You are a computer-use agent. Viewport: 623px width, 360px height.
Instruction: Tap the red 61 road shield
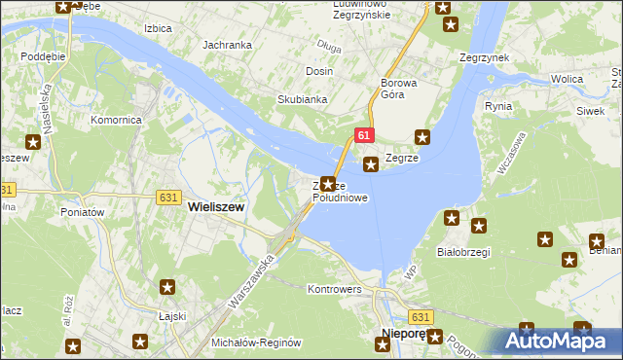click(x=361, y=136)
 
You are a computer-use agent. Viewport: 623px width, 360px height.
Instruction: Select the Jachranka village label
click(x=228, y=45)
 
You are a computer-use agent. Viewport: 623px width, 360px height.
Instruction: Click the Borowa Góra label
click(x=399, y=89)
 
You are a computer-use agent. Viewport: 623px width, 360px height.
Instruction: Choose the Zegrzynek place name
click(x=485, y=57)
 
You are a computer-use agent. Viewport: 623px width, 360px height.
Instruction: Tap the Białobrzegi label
click(x=463, y=250)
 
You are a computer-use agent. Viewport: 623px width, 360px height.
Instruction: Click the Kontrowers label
click(x=334, y=290)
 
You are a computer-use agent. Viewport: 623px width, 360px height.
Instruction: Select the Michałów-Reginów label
click(x=258, y=343)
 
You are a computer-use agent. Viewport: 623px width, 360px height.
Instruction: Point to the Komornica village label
click(x=117, y=120)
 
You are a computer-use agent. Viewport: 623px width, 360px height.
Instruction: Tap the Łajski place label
click(x=171, y=316)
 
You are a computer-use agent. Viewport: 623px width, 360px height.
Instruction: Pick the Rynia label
click(x=498, y=105)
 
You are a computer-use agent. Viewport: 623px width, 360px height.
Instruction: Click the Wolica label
click(x=567, y=77)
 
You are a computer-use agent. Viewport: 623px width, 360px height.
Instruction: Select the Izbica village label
click(x=157, y=28)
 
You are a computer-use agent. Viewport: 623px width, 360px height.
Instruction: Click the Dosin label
click(x=319, y=71)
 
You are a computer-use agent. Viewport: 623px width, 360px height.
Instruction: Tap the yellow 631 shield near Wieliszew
click(x=166, y=197)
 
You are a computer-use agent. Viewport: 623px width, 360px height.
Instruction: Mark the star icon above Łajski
click(x=167, y=287)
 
